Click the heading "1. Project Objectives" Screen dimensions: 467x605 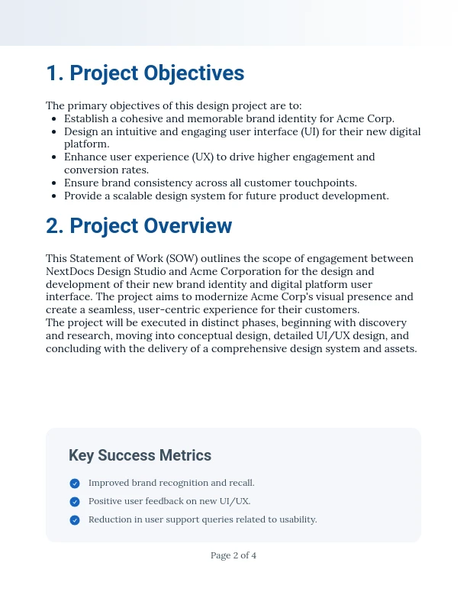(x=145, y=73)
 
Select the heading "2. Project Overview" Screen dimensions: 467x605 (x=139, y=226)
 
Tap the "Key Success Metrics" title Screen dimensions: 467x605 (x=140, y=456)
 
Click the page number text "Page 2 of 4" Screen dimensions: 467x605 (x=233, y=555)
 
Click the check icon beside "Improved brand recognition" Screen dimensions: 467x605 (x=75, y=484)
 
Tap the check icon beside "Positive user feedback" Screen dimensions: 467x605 (x=75, y=502)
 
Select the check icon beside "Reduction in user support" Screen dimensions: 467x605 (x=75, y=520)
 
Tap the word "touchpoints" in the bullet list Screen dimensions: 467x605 (x=327, y=183)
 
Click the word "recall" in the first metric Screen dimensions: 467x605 (x=240, y=483)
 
